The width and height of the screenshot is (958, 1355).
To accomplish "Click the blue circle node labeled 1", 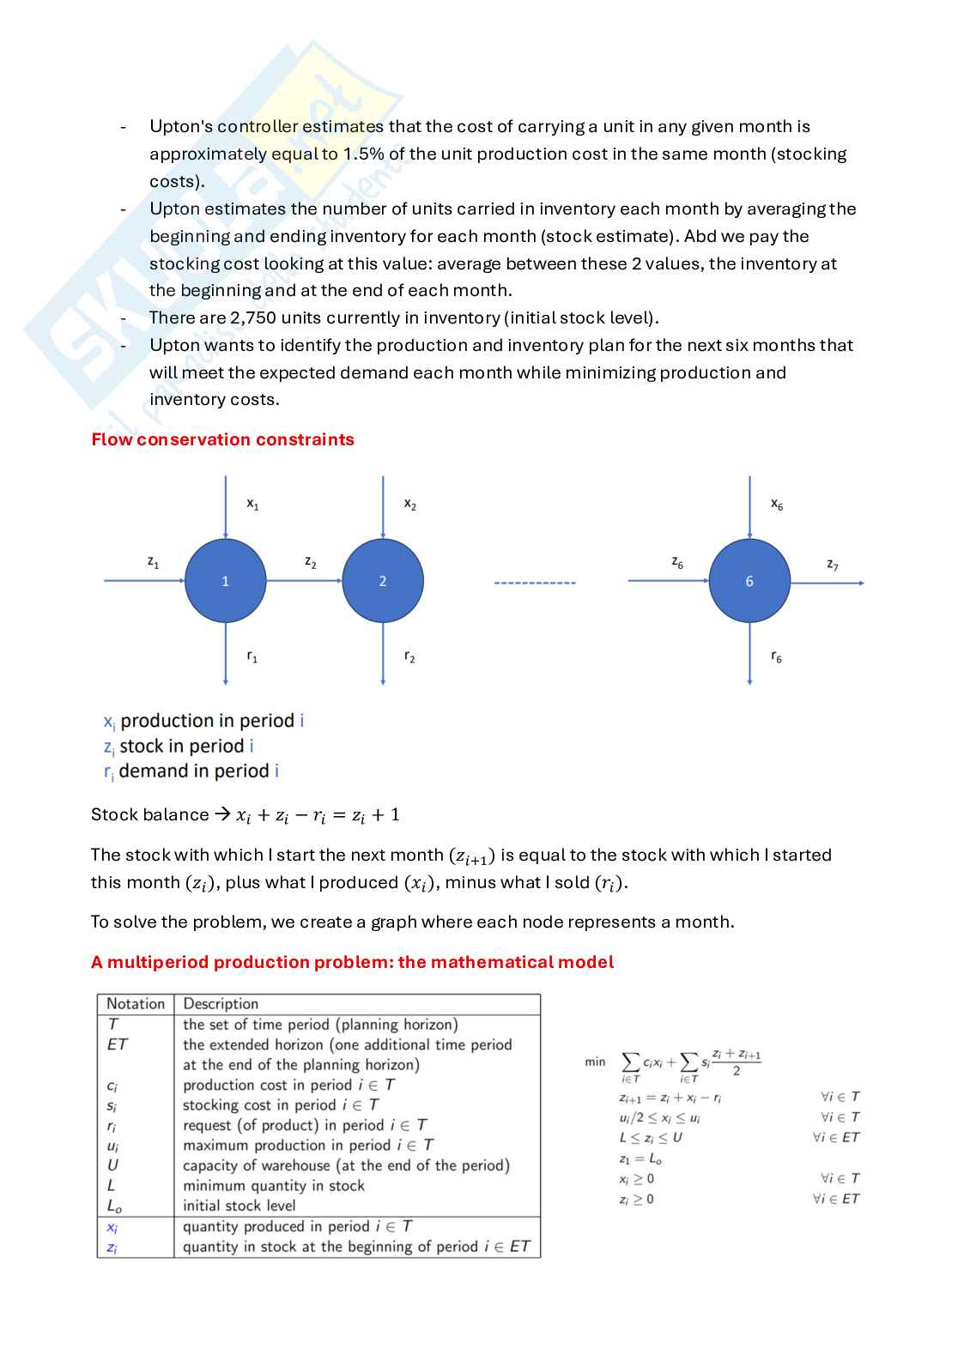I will pyautogui.click(x=225, y=581).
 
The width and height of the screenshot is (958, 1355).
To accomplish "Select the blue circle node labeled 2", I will pyautogui.click(x=383, y=581).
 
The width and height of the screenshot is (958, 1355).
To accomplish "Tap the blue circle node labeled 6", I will pyautogui.click(x=749, y=581).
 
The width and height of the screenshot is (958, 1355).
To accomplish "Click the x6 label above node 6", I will pyautogui.click(x=776, y=505).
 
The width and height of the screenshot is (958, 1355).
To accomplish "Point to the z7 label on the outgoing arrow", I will pyautogui.click(x=832, y=564).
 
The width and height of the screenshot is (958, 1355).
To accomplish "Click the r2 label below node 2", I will pyautogui.click(x=409, y=657).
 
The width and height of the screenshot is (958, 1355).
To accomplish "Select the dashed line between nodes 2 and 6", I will pyautogui.click(x=535, y=583).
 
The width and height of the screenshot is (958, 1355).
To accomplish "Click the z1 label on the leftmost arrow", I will pyautogui.click(x=153, y=562).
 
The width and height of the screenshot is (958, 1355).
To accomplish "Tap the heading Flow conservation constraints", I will pyautogui.click(x=222, y=439).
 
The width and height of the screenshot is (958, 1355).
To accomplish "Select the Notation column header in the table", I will pyautogui.click(x=135, y=1003).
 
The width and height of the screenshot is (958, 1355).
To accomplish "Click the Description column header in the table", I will pyautogui.click(x=221, y=1003).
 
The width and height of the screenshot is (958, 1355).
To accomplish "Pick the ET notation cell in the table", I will pyautogui.click(x=117, y=1044).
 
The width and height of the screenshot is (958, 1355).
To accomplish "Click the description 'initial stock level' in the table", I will pyautogui.click(x=239, y=1205).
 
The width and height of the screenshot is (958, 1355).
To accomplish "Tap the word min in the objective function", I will pyautogui.click(x=594, y=1062).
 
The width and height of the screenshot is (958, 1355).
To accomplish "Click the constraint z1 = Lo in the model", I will pyautogui.click(x=640, y=1158).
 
